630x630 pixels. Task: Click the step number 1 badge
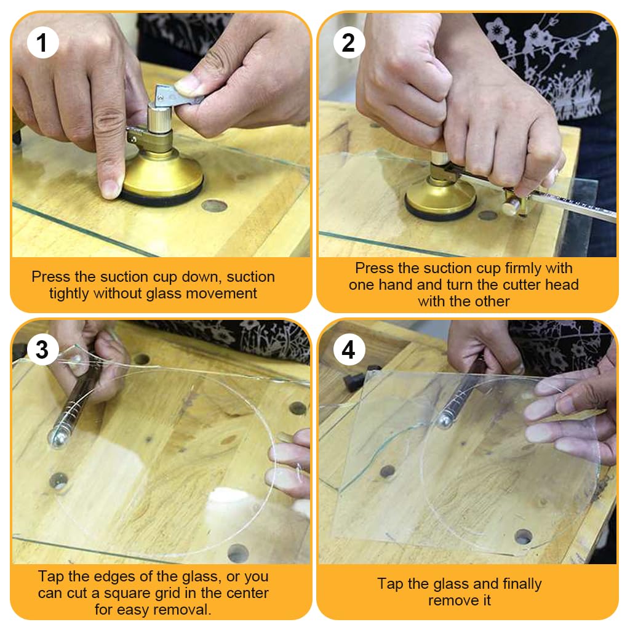click(42, 42)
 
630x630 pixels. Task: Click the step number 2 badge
click(349, 42)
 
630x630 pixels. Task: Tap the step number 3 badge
click(42, 349)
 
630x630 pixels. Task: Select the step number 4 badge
click(349, 349)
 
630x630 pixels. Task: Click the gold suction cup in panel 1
click(162, 177)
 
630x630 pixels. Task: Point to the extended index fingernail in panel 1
click(110, 188)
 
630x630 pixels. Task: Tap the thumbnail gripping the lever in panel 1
click(186, 85)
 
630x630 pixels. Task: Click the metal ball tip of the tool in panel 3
click(57, 439)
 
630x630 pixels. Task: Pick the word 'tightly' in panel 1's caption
click(70, 293)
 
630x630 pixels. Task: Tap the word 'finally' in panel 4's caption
click(522, 584)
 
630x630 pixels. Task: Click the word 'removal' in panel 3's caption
click(188, 610)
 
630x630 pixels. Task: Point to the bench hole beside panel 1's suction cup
click(214, 205)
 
